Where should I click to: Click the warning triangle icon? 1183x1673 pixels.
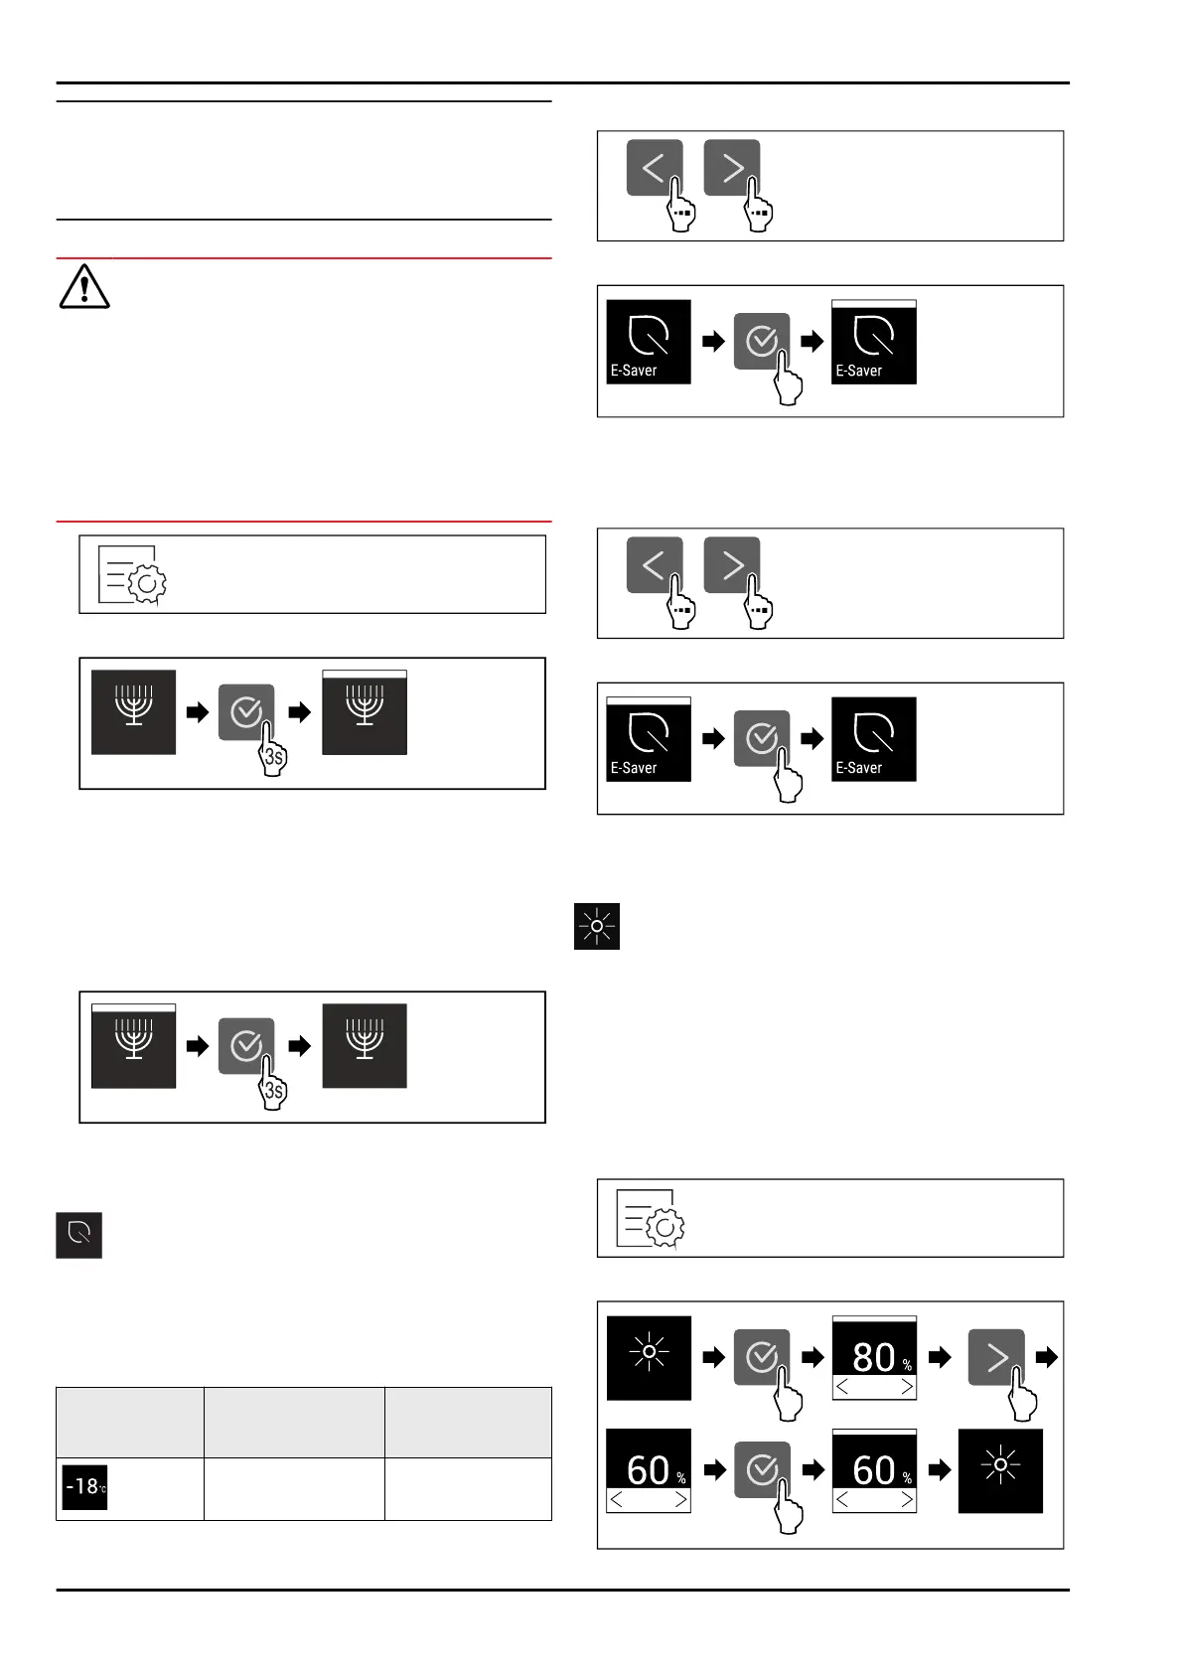point(84,287)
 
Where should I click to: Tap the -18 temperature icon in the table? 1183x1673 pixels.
point(84,1487)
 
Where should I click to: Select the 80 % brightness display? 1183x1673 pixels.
point(874,1357)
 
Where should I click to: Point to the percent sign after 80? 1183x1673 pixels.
point(907,1366)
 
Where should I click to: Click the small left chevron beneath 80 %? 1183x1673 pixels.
point(842,1387)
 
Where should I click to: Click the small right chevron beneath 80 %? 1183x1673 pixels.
point(906,1387)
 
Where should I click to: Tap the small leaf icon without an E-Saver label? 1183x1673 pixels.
point(79,1235)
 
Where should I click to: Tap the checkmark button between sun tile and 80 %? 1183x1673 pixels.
point(762,1357)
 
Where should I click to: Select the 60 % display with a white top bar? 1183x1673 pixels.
point(874,1470)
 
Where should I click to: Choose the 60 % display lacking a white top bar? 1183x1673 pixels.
point(649,1470)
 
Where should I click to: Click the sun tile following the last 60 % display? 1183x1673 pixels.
point(1000,1470)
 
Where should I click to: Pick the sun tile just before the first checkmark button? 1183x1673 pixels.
point(649,1357)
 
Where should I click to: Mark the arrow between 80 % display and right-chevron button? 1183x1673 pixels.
point(940,1357)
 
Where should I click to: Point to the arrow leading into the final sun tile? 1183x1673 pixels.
point(940,1470)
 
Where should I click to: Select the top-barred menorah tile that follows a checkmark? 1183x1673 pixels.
point(365,712)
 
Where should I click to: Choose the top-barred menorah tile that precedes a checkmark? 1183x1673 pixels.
point(134,1046)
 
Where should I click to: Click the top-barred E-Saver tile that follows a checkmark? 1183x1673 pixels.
point(874,342)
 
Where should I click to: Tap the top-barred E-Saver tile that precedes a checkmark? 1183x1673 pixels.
point(649,739)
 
